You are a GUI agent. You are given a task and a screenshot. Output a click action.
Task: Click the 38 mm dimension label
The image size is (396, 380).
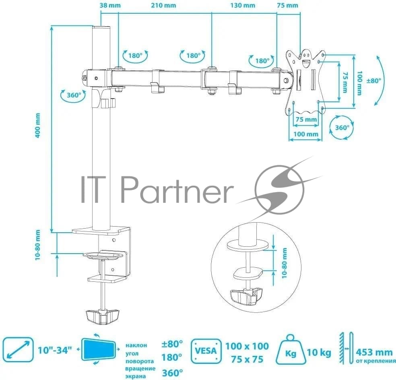[110, 5]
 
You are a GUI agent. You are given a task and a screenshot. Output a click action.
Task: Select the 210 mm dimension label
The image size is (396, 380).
[163, 5]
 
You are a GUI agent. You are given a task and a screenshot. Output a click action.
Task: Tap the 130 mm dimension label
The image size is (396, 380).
[243, 5]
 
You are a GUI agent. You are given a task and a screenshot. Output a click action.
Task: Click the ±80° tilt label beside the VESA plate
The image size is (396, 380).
[373, 81]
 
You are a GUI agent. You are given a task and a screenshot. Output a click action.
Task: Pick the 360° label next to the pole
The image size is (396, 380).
[74, 95]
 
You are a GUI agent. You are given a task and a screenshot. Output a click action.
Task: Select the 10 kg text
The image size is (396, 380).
[319, 352]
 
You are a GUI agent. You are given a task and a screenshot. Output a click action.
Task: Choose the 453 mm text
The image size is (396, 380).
[374, 352]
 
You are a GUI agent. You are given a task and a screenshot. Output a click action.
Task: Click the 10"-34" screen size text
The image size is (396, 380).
[55, 350]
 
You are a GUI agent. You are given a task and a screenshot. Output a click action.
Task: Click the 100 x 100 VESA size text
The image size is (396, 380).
[247, 346]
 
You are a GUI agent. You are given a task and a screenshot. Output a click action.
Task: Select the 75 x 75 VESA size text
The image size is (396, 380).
[247, 359]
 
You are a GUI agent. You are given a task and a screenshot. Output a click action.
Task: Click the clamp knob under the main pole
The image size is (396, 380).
[102, 316]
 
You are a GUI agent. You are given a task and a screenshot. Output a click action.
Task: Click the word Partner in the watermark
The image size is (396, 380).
[177, 190]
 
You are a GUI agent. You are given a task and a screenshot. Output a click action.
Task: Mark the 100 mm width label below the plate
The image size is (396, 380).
[305, 134]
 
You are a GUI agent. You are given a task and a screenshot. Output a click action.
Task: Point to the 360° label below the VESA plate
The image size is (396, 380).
[342, 128]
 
